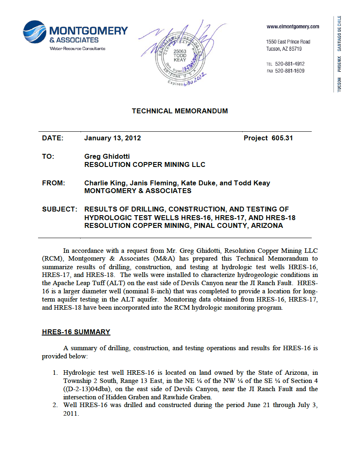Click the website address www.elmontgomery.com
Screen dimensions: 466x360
coord(292,27)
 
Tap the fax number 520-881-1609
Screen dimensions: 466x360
coord(290,71)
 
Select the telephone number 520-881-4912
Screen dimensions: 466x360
coord(290,64)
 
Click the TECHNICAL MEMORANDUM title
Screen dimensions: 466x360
coord(180,111)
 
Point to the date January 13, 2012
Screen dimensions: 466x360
coord(112,138)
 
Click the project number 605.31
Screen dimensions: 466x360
coord(282,138)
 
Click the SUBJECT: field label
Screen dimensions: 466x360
coord(60,209)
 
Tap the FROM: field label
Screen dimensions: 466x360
coord(54,183)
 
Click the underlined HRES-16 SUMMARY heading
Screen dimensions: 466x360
coord(76,332)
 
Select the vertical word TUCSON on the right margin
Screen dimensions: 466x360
coord(339,84)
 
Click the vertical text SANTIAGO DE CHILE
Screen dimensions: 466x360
coord(339,33)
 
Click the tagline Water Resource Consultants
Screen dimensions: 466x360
coord(77,49)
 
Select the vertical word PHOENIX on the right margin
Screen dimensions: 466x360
coord(339,64)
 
